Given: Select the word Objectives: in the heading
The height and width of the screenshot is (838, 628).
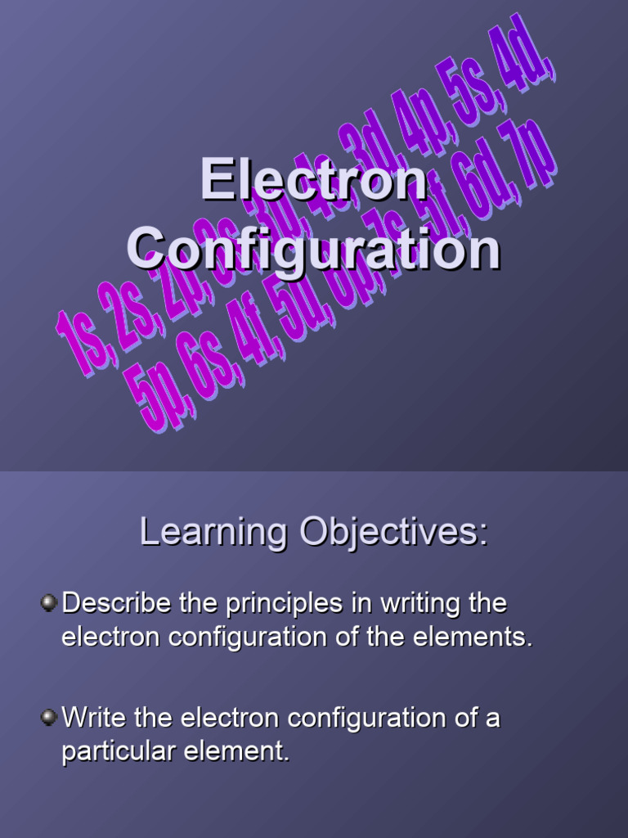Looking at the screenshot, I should pyautogui.click(x=393, y=533).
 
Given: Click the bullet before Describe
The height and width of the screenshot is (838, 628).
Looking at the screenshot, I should pyautogui.click(x=48, y=603).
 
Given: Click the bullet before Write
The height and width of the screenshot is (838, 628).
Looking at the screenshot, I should pyautogui.click(x=48, y=718).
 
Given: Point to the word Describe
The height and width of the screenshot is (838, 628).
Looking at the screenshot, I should pyautogui.click(x=117, y=604).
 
